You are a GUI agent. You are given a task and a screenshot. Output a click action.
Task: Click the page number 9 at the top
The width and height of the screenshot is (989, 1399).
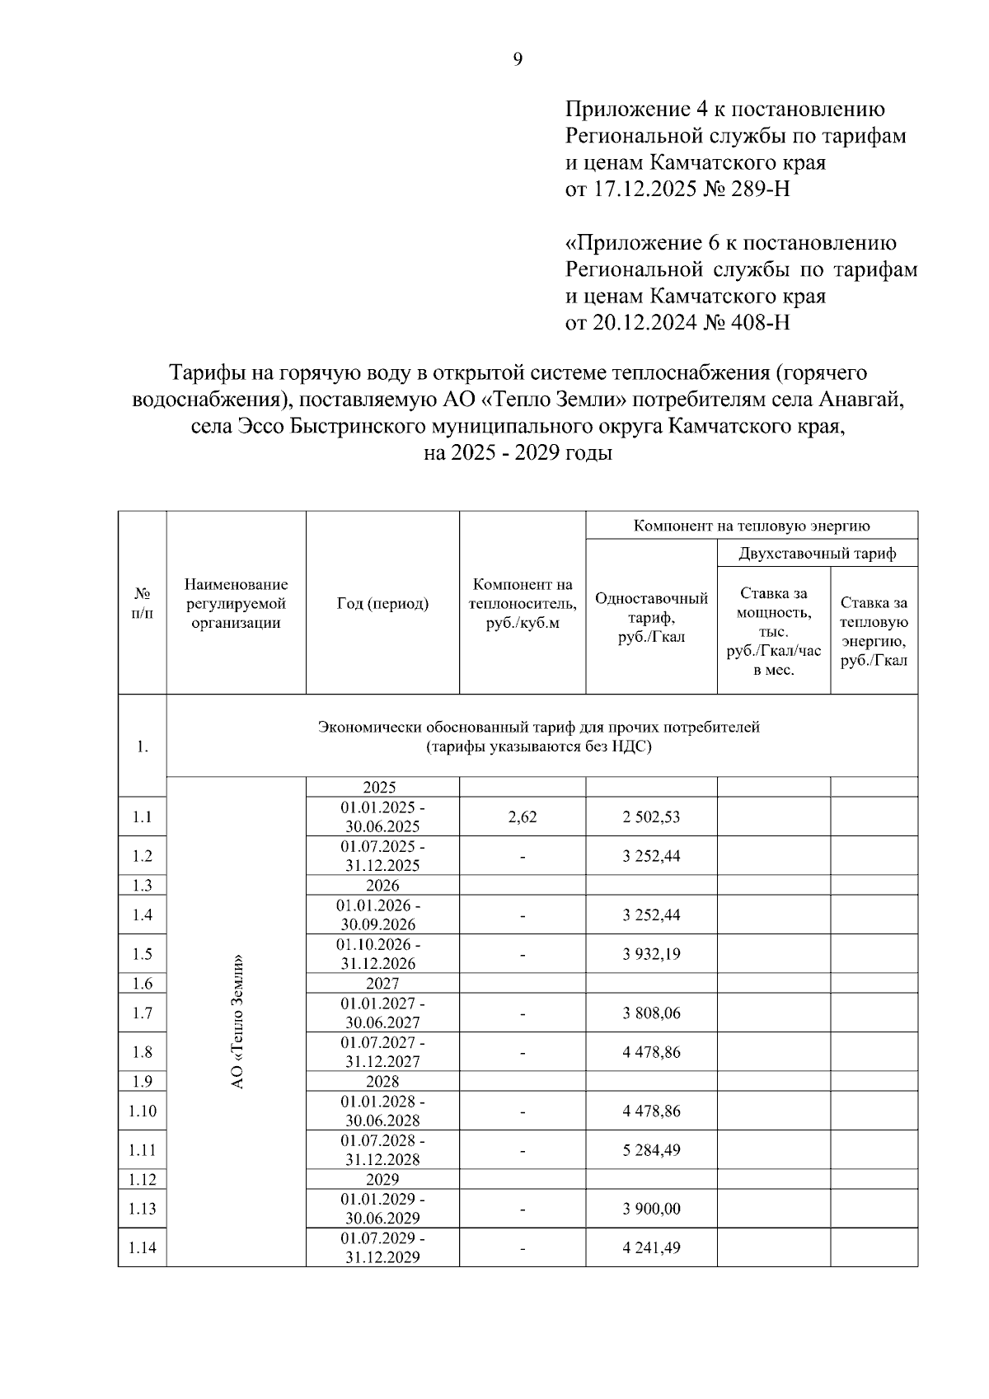[x=518, y=59]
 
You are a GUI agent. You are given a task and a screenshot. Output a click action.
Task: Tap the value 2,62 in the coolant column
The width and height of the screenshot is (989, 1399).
[x=523, y=817]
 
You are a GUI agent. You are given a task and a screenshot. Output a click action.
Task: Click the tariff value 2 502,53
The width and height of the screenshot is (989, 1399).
[x=651, y=817]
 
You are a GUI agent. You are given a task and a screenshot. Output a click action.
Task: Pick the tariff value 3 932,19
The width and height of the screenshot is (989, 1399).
[x=651, y=954]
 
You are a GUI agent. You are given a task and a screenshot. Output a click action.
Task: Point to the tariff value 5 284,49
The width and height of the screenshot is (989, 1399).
[x=651, y=1150]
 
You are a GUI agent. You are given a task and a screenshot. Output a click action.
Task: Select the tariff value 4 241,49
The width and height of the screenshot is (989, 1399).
[x=651, y=1248]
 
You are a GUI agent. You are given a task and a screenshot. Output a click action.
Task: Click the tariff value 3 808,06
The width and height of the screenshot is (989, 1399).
[x=651, y=1013]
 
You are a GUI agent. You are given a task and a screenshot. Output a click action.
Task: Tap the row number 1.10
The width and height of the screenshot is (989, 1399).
[x=143, y=1111]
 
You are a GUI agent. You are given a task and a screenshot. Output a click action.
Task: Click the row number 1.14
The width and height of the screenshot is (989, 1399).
[x=143, y=1248]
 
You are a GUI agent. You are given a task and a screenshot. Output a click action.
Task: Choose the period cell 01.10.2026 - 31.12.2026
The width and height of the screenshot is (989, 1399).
[x=382, y=954]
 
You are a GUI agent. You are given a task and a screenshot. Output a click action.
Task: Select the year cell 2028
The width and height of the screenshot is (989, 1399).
[x=382, y=1082]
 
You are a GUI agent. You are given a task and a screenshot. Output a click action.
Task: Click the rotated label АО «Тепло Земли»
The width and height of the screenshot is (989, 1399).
[x=237, y=1022]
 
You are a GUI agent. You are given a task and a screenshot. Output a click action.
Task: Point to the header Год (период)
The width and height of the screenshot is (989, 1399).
[x=382, y=604]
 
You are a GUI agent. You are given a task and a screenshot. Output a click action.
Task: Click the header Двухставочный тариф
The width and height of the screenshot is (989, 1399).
[x=817, y=554]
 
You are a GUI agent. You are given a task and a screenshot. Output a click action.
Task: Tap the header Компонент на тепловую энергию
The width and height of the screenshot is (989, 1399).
[x=752, y=526]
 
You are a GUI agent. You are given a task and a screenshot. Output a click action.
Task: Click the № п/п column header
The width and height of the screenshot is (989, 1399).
[x=143, y=604]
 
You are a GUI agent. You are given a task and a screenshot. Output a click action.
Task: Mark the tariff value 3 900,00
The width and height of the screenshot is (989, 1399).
[x=651, y=1210]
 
